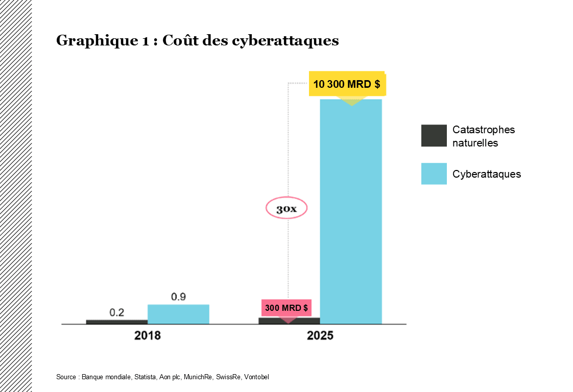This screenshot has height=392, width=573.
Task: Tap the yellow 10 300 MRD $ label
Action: (x=347, y=84)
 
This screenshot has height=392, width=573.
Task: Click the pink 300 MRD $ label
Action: (x=286, y=308)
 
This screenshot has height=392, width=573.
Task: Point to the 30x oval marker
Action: (x=286, y=209)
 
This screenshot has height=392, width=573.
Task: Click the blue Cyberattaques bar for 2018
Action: (x=178, y=314)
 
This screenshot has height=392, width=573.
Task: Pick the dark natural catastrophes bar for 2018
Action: (x=116, y=322)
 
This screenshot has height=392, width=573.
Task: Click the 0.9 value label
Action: (x=178, y=297)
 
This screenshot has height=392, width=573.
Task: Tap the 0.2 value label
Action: (x=117, y=312)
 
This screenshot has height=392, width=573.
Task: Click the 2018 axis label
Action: (x=148, y=336)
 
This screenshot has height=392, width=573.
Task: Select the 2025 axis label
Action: (x=320, y=336)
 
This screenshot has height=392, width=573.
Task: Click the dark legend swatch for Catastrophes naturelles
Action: (x=434, y=136)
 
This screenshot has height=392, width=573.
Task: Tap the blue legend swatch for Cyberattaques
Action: (x=434, y=174)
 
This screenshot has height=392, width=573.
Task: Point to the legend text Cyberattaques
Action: (x=487, y=174)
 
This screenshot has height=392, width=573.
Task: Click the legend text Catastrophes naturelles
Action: (x=483, y=136)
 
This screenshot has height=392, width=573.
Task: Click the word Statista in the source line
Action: (x=145, y=377)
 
